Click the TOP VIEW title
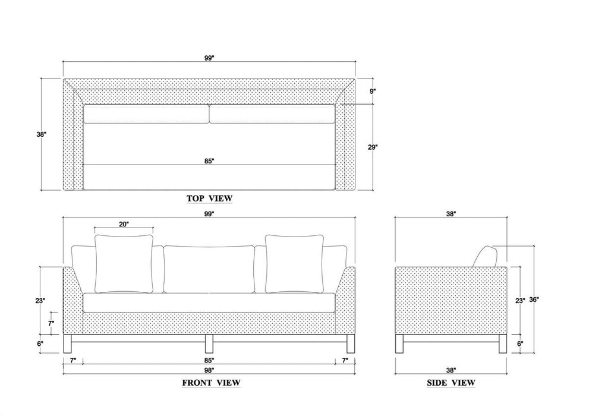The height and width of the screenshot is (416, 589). click(210, 198)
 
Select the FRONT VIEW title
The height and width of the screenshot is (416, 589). click(211, 383)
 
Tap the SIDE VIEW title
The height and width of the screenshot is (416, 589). click(451, 383)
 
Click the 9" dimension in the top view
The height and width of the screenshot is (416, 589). click(373, 91)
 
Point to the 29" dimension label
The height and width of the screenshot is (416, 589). click(372, 147)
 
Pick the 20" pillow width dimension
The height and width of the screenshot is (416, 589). click(124, 224)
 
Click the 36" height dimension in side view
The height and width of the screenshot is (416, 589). click(534, 300)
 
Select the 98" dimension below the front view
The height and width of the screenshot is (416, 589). click(209, 370)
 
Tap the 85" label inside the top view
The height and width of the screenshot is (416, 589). click(209, 161)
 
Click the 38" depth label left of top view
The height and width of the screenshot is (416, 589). click(41, 134)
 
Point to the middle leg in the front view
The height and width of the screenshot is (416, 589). click(209, 343)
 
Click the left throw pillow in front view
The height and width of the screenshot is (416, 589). click(124, 264)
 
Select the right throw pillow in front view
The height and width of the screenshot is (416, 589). click(295, 264)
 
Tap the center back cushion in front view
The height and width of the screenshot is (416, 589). click(209, 269)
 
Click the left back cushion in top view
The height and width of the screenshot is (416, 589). click(146, 114)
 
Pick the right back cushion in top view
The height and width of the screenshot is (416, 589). click(272, 114)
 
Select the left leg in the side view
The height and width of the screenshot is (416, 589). click(399, 343)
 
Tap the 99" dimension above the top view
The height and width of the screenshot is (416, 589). click(209, 58)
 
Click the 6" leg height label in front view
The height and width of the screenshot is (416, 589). click(40, 343)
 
